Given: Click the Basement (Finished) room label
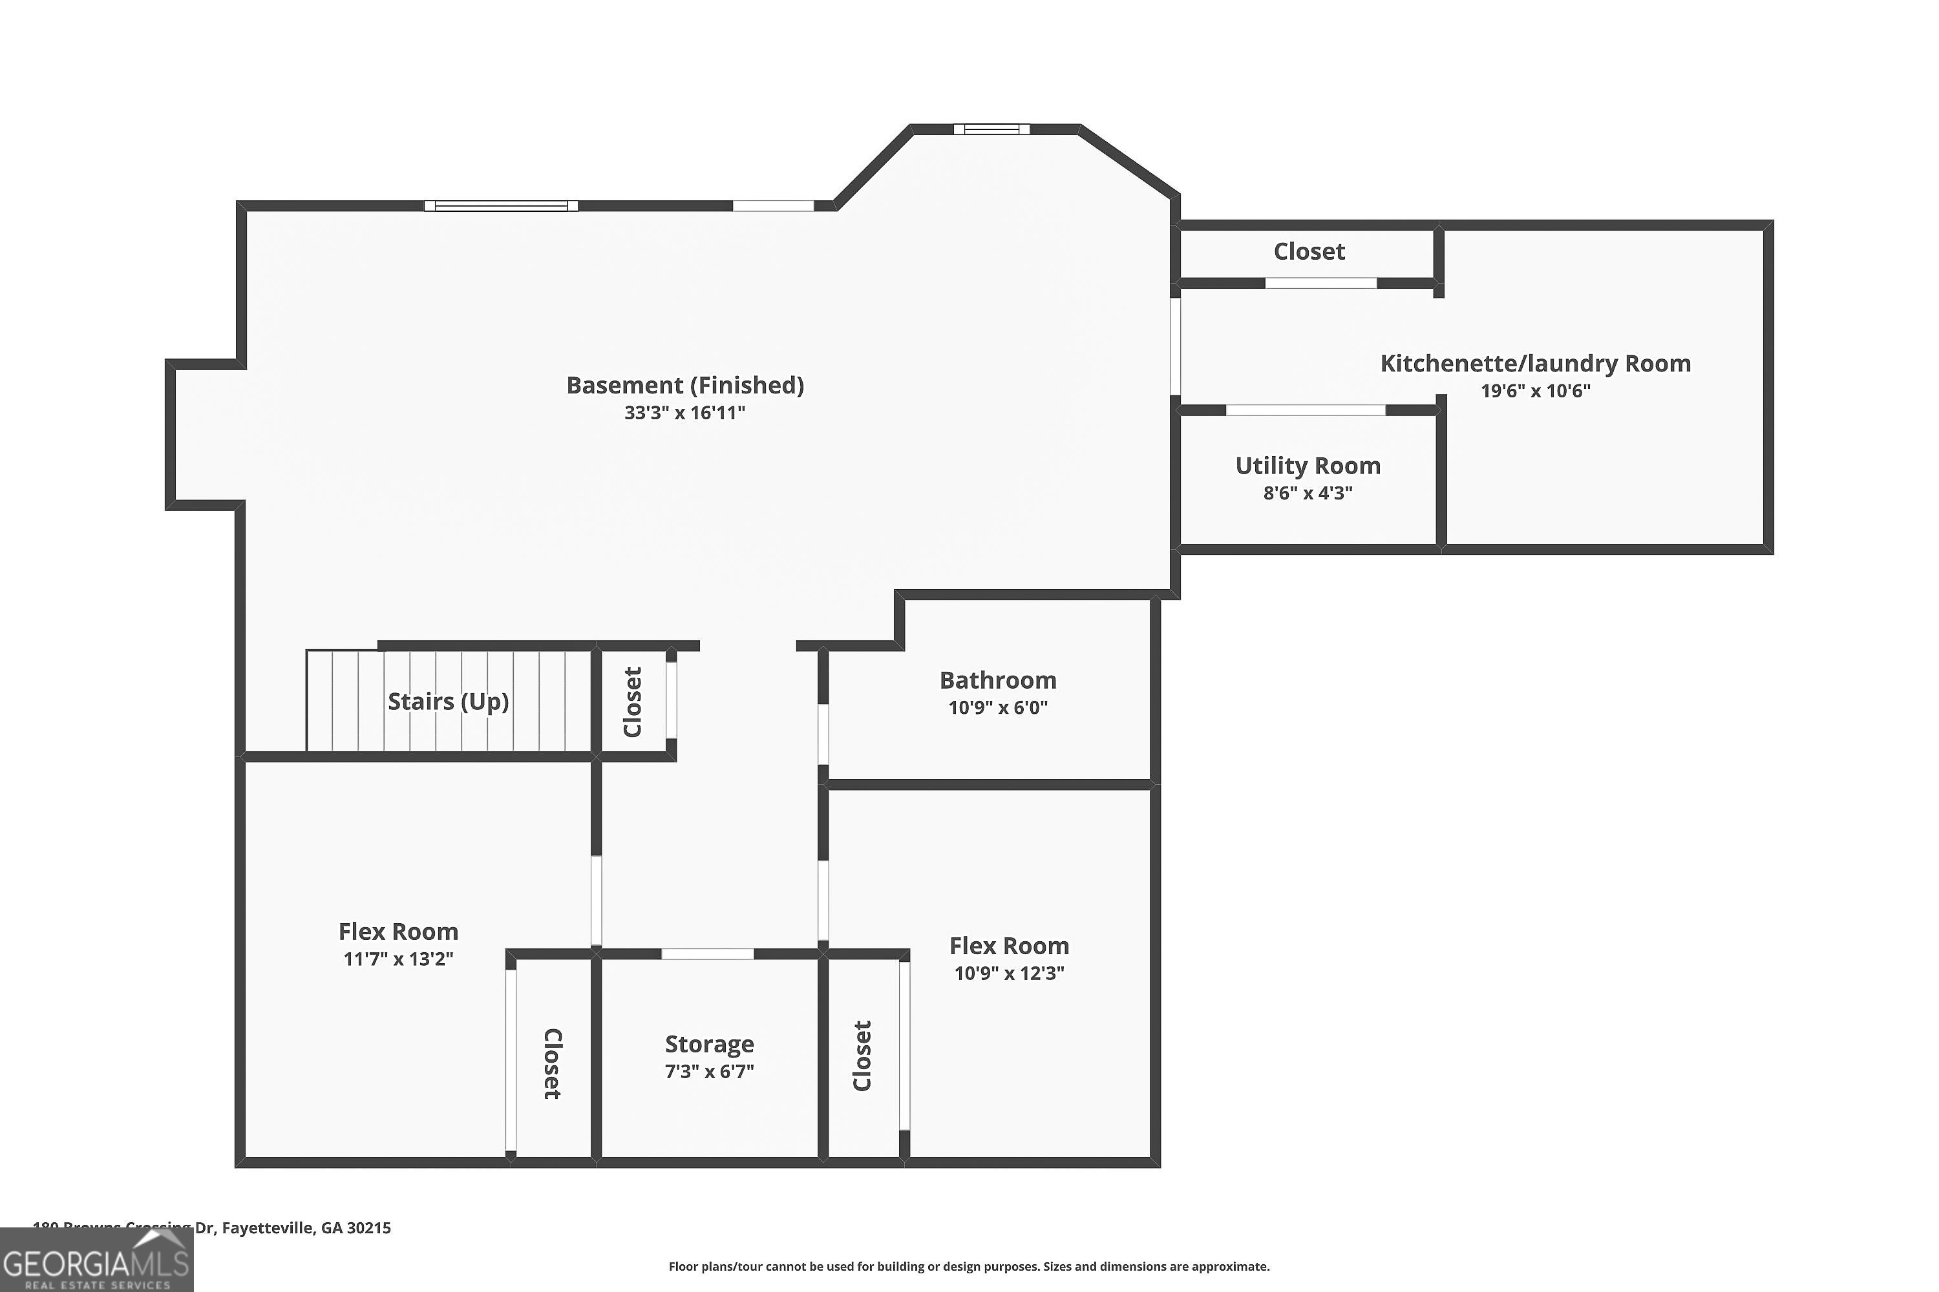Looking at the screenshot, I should pyautogui.click(x=684, y=385).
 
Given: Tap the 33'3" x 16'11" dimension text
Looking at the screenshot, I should pyautogui.click(x=684, y=413).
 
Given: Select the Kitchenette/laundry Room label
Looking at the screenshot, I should pyautogui.click(x=1535, y=363).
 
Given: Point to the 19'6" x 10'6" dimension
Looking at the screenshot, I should pyautogui.click(x=1535, y=391).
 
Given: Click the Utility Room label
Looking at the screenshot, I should pyautogui.click(x=1308, y=466).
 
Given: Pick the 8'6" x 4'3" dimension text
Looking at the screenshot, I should pyautogui.click(x=1308, y=494).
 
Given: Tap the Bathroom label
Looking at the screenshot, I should pyautogui.click(x=997, y=680).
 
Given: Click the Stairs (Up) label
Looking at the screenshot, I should pyautogui.click(x=448, y=701).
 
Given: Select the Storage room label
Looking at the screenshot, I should pyautogui.click(x=709, y=1044).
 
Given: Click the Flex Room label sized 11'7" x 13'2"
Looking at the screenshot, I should pyautogui.click(x=398, y=931).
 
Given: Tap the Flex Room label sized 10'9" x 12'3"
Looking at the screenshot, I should pyautogui.click(x=1009, y=945).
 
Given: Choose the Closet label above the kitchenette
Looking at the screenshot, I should pyautogui.click(x=1309, y=251).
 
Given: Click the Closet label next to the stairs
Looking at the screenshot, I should pyautogui.click(x=632, y=702).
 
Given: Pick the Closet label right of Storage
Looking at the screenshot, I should pyautogui.click(x=862, y=1056).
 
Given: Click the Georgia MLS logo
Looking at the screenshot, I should pyautogui.click(x=96, y=1260).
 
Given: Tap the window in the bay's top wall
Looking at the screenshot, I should pyautogui.click(x=991, y=129).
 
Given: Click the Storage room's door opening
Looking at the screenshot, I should pyautogui.click(x=707, y=954).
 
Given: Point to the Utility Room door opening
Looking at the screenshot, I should pyautogui.click(x=1305, y=410).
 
